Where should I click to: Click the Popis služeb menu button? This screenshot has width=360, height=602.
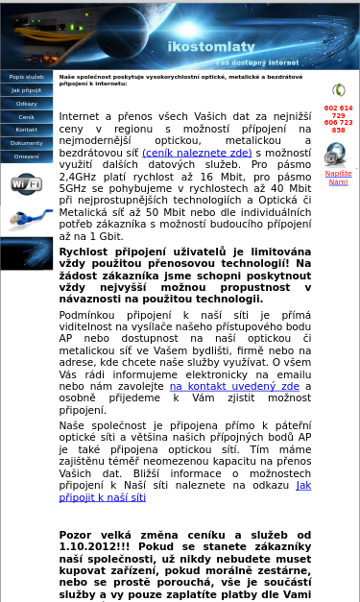[27, 77]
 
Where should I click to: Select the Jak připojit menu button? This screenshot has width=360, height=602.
[27, 90]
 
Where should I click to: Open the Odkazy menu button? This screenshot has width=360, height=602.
[27, 104]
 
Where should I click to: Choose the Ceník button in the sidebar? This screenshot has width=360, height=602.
[27, 117]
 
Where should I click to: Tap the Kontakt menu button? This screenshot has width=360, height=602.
[27, 130]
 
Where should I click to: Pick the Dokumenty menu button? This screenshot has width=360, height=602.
[27, 143]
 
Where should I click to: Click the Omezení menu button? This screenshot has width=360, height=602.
[27, 157]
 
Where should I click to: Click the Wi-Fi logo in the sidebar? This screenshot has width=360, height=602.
[26, 183]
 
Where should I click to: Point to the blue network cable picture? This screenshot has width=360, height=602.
[26, 218]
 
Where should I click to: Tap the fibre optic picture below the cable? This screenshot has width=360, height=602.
[26, 253]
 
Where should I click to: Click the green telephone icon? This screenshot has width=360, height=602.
[338, 90]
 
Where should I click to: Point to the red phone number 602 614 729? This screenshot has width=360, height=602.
[338, 111]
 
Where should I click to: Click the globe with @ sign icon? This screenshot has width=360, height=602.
[336, 154]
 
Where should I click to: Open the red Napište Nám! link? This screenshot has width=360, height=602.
[338, 178]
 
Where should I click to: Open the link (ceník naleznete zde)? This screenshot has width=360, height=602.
[197, 153]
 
